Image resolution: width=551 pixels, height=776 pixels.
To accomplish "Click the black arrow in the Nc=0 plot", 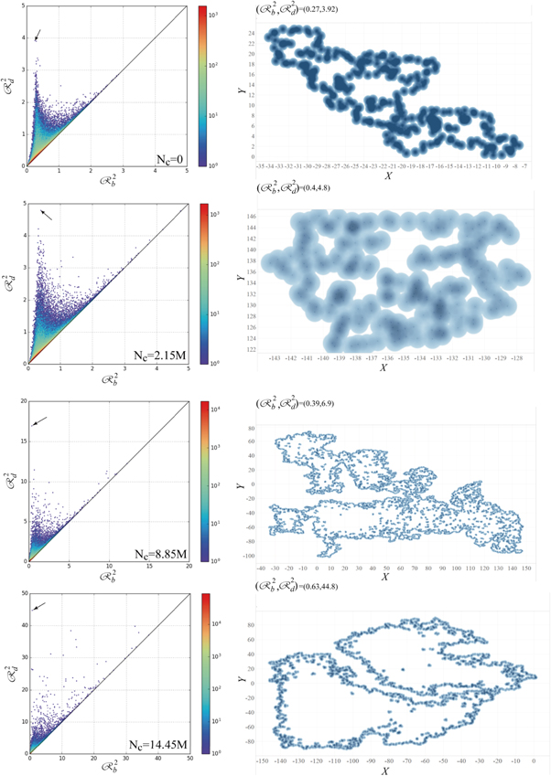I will coord(37,36).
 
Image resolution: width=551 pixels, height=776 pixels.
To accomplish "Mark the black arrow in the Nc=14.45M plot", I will coord(39,606).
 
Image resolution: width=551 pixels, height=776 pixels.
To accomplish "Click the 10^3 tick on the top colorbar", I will coord(222,17).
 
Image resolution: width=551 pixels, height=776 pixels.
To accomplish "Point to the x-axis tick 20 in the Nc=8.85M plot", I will coord(188,569).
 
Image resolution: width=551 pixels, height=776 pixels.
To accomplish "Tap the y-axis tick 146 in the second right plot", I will coord(252,217).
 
